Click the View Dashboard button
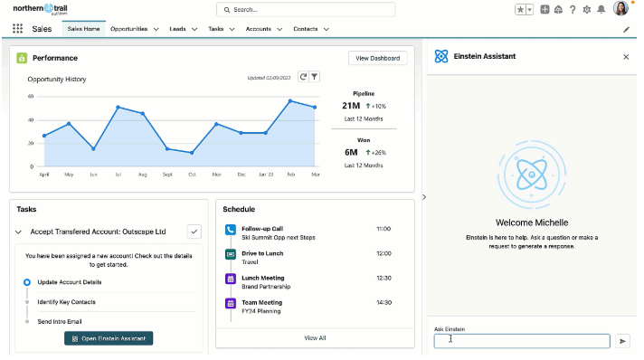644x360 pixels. pyautogui.click(x=378, y=58)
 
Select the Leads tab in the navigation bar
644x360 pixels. pyautogui.click(x=177, y=29)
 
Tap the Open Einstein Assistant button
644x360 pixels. pyautogui.click(x=109, y=338)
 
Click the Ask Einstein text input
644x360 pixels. pyautogui.click(x=522, y=341)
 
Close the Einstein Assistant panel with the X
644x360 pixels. pyautogui.click(x=626, y=56)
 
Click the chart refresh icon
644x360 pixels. pyautogui.click(x=303, y=77)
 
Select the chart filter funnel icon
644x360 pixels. pyautogui.click(x=315, y=77)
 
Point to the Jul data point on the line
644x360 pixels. pyautogui.click(x=118, y=107)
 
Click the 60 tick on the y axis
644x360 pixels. pyautogui.click(x=30, y=96)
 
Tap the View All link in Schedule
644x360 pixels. pyautogui.click(x=315, y=337)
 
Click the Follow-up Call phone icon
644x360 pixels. pyautogui.click(x=230, y=230)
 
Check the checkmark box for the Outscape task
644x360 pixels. pyautogui.click(x=194, y=232)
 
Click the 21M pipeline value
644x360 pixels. pyautogui.click(x=351, y=106)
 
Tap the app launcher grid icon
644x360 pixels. pyautogui.click(x=17, y=29)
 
